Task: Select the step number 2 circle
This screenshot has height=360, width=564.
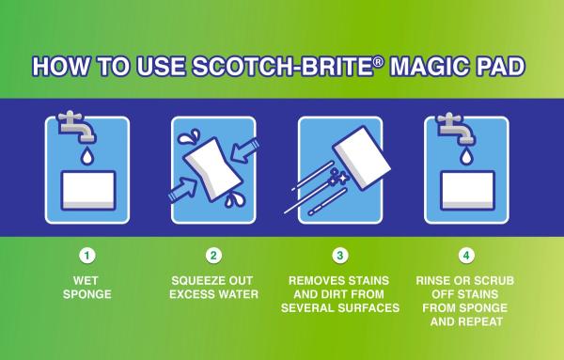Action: click(x=213, y=254)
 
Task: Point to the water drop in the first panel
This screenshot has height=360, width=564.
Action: click(x=87, y=154)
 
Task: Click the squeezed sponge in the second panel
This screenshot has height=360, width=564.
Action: click(x=214, y=168)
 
